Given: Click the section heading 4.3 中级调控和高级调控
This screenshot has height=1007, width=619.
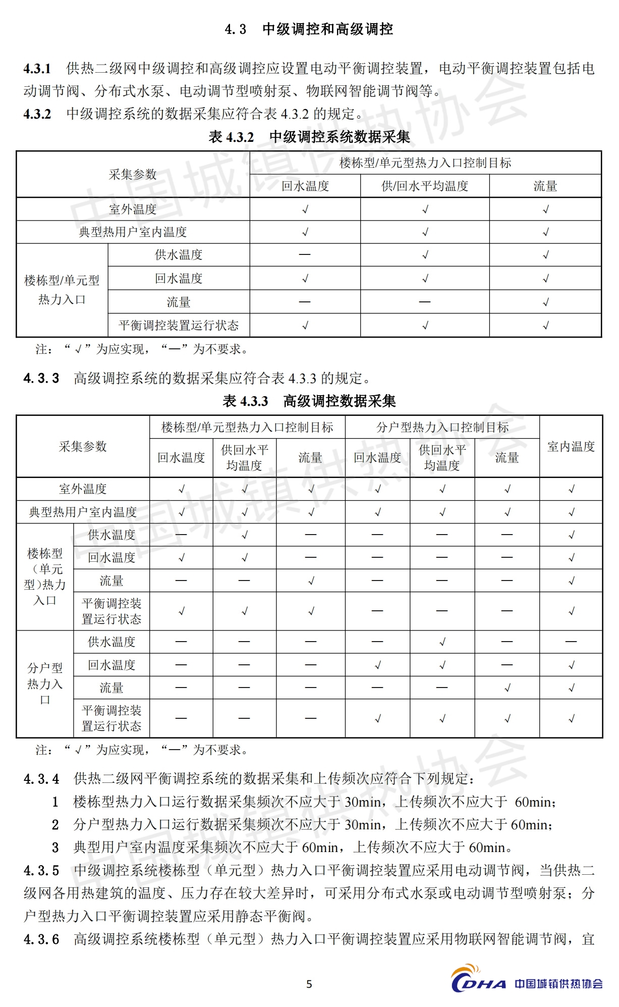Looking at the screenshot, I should point(309,29).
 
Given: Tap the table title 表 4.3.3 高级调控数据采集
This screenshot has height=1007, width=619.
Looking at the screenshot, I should point(309,401).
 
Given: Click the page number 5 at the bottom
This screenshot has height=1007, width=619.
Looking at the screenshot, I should point(309,984).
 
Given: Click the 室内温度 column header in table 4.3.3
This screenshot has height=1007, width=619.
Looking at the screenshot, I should point(571,447).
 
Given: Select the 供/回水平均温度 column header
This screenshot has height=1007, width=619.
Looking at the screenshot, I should point(425,186).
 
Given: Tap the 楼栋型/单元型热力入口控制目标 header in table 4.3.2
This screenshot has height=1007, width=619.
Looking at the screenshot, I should point(425,163).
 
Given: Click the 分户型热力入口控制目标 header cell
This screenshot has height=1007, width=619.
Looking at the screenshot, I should point(442,428).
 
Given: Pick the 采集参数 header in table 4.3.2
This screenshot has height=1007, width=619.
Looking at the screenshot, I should point(133,175).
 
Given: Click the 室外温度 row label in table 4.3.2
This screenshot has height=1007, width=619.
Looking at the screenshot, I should point(133,209).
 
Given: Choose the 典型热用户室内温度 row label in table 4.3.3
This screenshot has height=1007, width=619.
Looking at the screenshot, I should point(83,512).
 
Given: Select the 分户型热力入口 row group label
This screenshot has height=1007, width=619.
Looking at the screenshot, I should point(45,683).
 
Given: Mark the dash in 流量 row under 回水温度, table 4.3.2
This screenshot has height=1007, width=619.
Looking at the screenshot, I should point(305,302).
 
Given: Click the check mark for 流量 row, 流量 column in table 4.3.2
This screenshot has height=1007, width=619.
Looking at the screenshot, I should point(545,302).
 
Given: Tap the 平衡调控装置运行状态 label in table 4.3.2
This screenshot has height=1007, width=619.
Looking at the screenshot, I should point(179,325).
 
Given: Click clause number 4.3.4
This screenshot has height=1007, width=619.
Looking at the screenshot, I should point(41,779).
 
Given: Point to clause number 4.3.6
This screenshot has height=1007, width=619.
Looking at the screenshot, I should point(41,939).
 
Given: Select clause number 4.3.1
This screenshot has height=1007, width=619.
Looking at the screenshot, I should point(37,69).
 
